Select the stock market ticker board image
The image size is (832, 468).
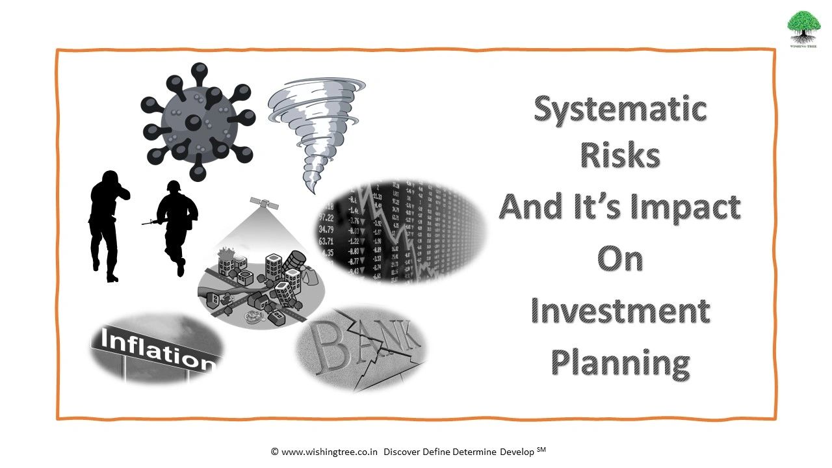[401, 231]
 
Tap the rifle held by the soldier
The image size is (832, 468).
[151, 222]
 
